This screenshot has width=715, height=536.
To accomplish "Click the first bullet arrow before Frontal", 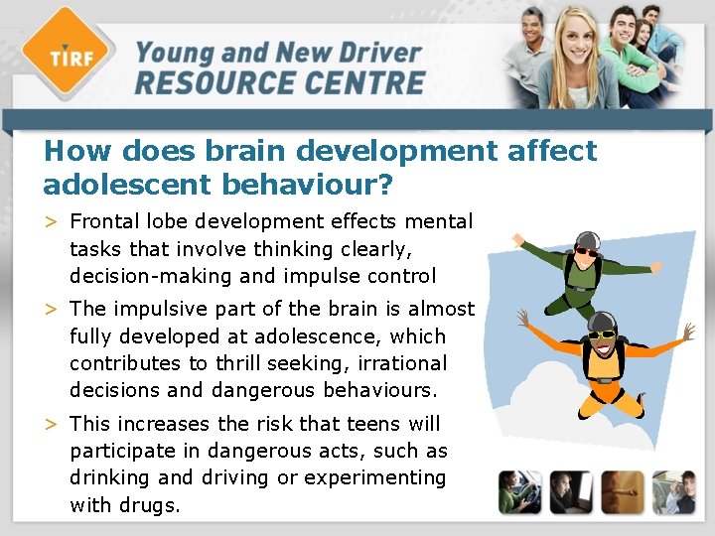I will pos(52,221).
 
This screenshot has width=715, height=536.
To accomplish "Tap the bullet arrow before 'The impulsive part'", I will pos(52,310).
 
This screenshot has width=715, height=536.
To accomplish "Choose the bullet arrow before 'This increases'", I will pos(52,425).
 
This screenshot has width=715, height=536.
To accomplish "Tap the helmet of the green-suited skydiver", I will pos(587,241).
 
